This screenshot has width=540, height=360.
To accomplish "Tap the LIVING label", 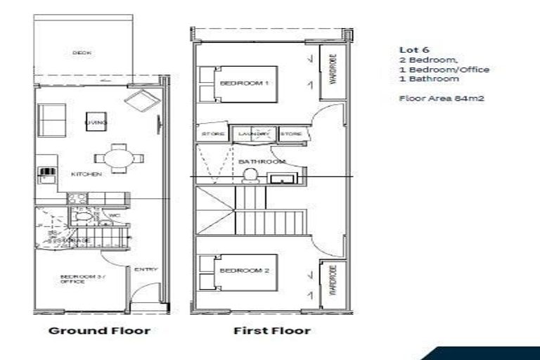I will [96, 122].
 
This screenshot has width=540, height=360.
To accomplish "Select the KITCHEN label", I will [86, 174].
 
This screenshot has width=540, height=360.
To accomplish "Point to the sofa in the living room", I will [52, 120].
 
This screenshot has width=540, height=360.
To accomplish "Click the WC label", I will [114, 215].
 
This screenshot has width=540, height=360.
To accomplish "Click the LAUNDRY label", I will [254, 133].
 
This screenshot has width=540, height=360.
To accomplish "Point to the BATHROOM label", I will [258, 161].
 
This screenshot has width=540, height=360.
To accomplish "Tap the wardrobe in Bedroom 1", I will [332, 74].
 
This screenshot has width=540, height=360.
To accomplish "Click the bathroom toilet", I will [249, 178].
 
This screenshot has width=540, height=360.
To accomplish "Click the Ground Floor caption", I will [99, 330].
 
